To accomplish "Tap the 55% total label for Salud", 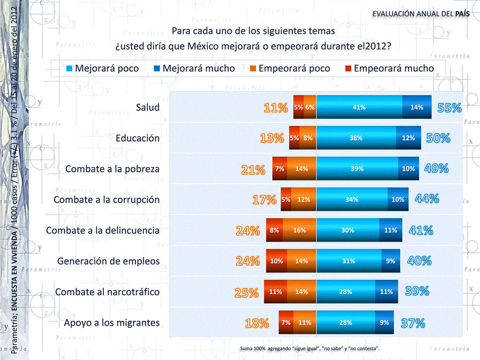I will tap(450, 107).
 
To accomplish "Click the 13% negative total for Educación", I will tap(272, 138).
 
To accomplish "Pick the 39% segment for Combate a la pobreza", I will tap(357, 169).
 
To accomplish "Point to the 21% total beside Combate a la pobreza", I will tap(253, 170).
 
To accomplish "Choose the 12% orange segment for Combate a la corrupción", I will tap(304, 200).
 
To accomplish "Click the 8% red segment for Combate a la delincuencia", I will tap(274, 230).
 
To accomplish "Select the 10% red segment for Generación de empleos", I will tap(276, 261).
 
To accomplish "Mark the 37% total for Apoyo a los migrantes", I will tap(413, 323).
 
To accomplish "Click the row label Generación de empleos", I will tap(108, 261).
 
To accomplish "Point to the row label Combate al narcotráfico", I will tap(107, 292).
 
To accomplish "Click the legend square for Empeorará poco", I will tap(253, 68).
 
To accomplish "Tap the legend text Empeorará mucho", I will tap(394, 68).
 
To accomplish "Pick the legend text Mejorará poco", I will tap(107, 68).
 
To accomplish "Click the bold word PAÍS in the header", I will tap(462, 13).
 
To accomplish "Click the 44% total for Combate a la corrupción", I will tap(427, 199).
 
